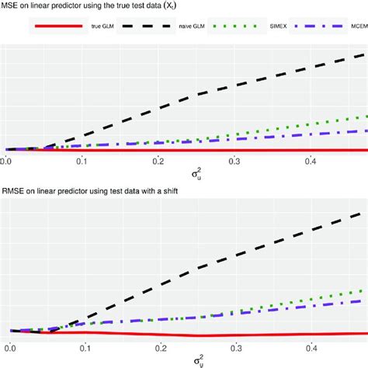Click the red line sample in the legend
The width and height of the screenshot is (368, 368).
point(55,26)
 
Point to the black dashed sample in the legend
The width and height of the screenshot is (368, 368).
point(145,26)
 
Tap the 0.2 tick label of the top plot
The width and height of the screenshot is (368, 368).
point(158,161)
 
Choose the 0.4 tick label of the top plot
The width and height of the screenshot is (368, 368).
point(311,161)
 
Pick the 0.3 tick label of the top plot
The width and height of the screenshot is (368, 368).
point(234,161)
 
